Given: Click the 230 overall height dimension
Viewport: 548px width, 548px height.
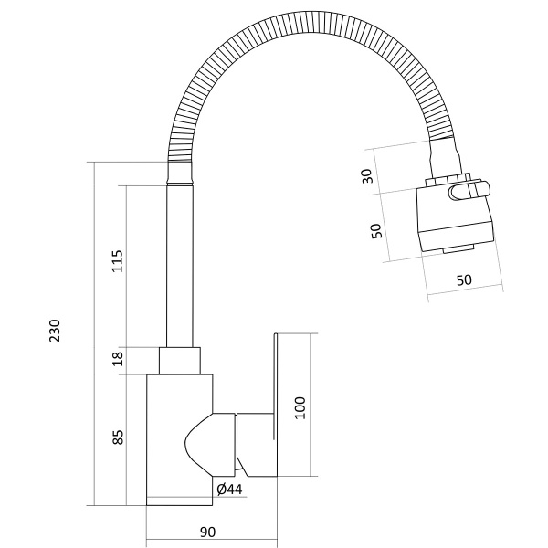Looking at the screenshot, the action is coord(55,331).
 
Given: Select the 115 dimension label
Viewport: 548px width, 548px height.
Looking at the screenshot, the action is coord(117,261).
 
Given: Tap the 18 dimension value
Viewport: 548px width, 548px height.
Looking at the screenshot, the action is coord(118,359).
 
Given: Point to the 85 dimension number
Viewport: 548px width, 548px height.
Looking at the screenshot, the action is coord(118,437).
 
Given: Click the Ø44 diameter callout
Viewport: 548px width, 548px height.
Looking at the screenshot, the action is coord(229,490).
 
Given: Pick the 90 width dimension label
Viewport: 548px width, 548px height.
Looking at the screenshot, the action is coord(207,532).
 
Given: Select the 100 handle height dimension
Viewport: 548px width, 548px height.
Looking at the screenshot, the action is coord(300,408).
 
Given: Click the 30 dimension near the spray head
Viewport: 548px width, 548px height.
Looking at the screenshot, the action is coord(367,176).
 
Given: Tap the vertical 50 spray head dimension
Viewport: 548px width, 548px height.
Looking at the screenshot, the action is coord(376,231).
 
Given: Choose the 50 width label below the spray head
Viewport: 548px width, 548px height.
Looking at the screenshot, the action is coord(464,280).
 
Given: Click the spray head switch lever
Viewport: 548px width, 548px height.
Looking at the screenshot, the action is coord(469,191).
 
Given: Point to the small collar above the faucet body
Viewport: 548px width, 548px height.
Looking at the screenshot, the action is coord(180,361).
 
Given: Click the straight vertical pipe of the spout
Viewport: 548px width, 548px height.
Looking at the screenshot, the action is coord(180,266).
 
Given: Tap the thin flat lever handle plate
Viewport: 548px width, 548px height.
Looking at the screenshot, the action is coord(275,386).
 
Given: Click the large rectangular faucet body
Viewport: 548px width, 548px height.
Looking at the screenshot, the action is coord(179,440).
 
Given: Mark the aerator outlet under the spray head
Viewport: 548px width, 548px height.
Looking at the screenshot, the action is coord(458,249).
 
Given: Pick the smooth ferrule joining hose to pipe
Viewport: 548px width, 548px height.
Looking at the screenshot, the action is coord(180,173).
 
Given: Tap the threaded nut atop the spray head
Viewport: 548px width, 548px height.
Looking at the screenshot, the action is coord(448,180).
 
